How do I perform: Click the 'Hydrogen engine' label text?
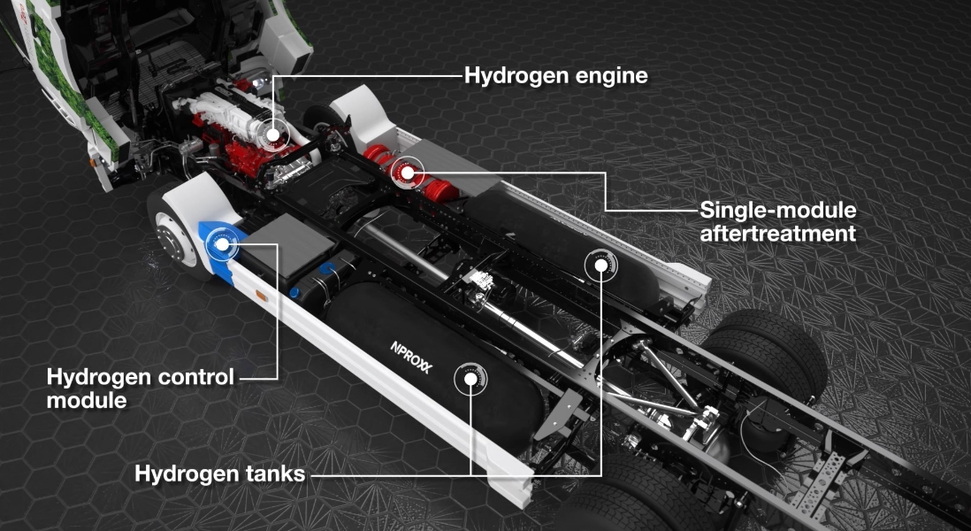coord(555,76)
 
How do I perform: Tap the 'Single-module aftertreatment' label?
coord(777,222)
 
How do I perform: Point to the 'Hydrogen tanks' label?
coord(219,474)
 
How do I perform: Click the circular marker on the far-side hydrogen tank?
coord(601,265)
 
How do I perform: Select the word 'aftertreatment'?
coord(777,234)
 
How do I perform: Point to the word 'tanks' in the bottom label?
coord(275,474)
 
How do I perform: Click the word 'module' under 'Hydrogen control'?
coord(86,400)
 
